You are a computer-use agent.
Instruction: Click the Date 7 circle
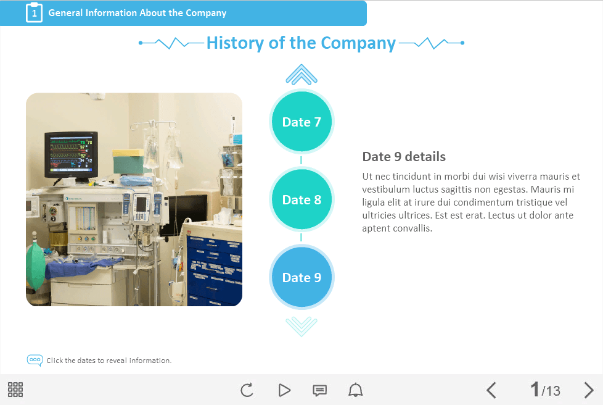[x=301, y=122]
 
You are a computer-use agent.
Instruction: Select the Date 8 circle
[x=301, y=199]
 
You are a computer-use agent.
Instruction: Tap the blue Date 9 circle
[x=301, y=277]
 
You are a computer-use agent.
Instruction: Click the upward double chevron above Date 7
[x=301, y=74]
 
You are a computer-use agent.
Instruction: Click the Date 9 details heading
[x=404, y=157]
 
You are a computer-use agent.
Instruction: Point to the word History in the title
[x=235, y=43]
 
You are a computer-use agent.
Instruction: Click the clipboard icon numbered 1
[x=35, y=13]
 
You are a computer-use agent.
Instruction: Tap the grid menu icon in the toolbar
[x=15, y=390]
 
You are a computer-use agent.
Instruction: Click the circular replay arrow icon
[x=247, y=390]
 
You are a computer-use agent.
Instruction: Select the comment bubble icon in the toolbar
[x=319, y=390]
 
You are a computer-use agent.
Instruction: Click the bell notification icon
[x=355, y=390]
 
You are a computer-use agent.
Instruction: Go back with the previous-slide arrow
[x=491, y=390]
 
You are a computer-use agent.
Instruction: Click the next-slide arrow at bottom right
[x=589, y=390]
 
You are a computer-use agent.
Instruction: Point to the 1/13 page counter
[x=545, y=390]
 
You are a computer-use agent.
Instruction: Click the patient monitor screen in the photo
[x=71, y=154]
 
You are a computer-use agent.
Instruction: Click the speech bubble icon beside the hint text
[x=35, y=361]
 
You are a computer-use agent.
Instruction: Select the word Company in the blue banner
[x=206, y=13]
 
